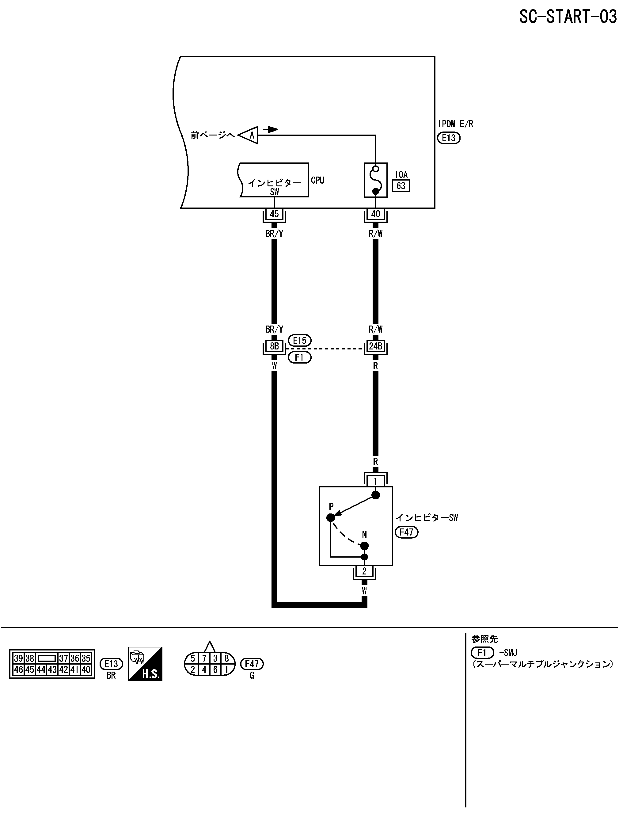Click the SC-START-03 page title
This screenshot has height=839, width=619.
tap(567, 17)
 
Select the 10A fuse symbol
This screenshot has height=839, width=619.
tap(375, 180)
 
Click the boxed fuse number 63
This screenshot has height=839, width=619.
tap(401, 186)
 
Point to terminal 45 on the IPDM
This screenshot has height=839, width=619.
tap(274, 214)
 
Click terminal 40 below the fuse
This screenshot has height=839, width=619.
tap(375, 214)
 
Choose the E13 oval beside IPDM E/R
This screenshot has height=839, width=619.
tap(449, 138)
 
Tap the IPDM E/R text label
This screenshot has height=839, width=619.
tap(456, 124)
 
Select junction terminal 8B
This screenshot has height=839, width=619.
tap(274, 346)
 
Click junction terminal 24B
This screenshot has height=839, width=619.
tap(375, 346)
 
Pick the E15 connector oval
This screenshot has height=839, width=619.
tap(300, 340)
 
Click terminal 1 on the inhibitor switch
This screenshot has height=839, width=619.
tap(375, 481)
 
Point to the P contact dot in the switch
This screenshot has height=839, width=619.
tap(330, 517)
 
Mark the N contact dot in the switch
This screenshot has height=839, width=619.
tap(365, 545)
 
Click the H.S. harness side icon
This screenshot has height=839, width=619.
tap(145, 664)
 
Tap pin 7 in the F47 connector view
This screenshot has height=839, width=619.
tap(204, 658)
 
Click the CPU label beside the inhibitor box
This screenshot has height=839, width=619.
tap(317, 180)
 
